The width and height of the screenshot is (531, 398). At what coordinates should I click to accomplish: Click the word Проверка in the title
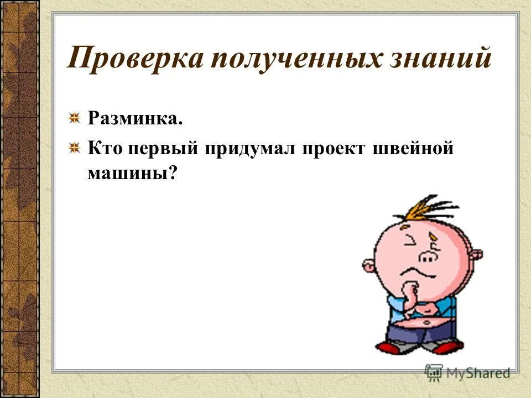click(134, 59)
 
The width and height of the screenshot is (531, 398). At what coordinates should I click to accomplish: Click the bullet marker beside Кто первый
click(74, 149)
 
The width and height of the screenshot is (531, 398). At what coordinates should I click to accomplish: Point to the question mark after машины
click(173, 173)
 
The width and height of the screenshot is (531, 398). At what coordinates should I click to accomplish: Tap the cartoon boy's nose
click(426, 255)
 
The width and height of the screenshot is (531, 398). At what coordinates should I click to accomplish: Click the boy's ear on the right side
click(475, 256)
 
